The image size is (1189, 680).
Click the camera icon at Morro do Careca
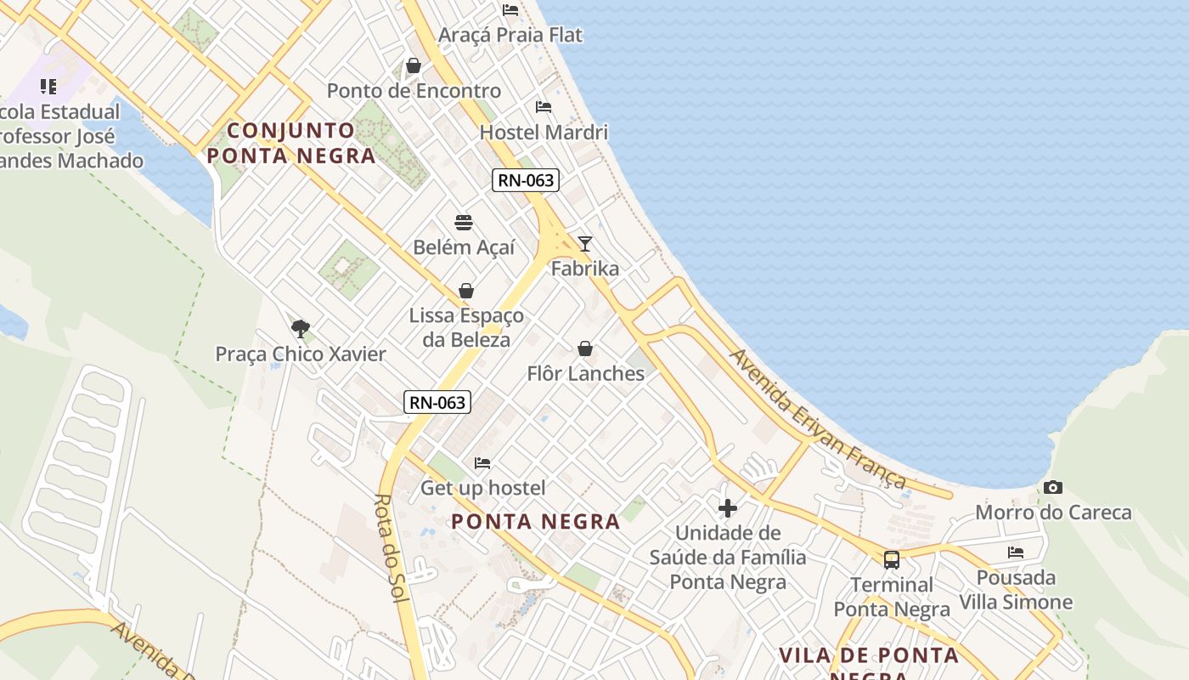1053,487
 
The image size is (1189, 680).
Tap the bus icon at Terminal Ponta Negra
892,559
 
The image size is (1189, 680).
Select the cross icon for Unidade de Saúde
728,508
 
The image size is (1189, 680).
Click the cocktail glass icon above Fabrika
584,244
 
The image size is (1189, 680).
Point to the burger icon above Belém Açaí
464,223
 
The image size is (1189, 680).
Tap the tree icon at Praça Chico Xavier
300,329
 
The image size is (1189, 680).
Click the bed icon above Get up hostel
482,463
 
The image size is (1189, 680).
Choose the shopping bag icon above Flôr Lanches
585,348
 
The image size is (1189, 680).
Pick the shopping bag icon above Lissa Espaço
466,291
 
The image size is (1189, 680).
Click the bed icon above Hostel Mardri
544,107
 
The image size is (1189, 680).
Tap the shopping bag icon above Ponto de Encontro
414,65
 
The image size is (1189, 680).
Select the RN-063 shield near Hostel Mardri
525,180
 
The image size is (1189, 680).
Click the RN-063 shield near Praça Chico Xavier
437,402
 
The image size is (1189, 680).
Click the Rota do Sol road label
392,548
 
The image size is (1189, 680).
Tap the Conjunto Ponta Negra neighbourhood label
290,143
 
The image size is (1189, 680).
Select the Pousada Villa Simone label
1016,590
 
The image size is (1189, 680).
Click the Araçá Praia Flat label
510,35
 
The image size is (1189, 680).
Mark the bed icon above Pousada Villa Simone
1016,552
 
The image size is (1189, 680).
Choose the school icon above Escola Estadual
48,87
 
